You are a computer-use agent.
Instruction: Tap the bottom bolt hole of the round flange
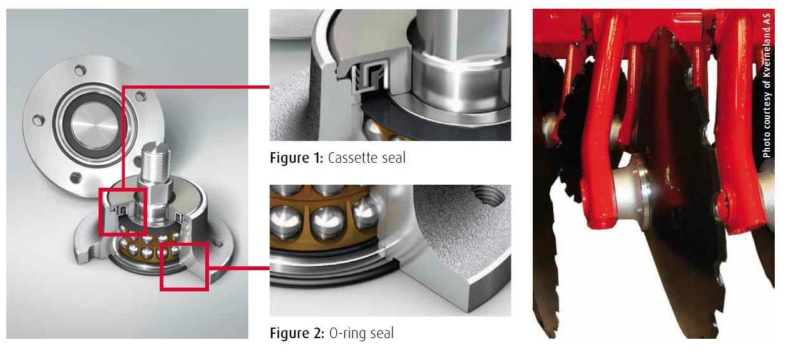tap(76, 178)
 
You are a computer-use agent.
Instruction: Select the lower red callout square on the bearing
tap(183, 266)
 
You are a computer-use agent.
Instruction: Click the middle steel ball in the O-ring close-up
tap(327, 221)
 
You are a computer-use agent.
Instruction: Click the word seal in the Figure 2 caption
tap(381, 333)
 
